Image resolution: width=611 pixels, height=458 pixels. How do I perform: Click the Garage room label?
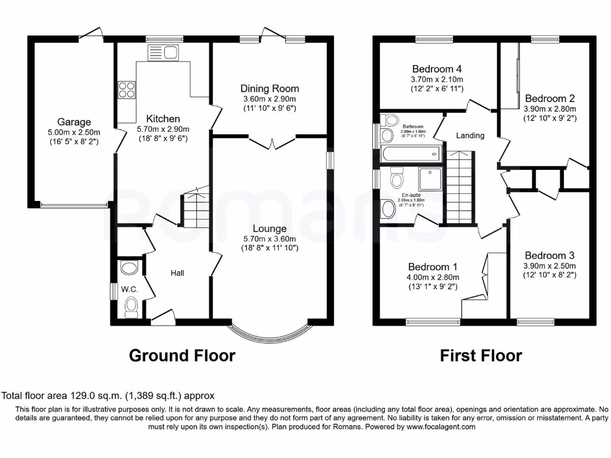pos(74,122)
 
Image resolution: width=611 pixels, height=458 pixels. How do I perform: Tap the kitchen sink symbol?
pos(162,52)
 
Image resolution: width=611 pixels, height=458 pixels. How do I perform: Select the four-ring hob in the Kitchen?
pos(126,90)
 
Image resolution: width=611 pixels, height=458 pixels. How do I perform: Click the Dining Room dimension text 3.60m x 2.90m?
pos(270,99)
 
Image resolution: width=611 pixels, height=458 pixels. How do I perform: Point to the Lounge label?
pos(270,228)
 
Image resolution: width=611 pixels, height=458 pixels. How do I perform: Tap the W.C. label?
pos(130,289)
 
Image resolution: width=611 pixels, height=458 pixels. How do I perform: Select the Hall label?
pos(177,273)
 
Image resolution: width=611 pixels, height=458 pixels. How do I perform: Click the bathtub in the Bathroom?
pos(411,154)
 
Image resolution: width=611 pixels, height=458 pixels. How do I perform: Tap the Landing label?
pos(470,135)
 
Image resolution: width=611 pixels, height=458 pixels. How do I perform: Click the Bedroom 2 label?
pos(550,98)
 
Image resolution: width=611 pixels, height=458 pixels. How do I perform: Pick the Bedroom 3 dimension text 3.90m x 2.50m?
pos(550,266)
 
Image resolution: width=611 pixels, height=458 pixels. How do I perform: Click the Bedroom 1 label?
pos(433,267)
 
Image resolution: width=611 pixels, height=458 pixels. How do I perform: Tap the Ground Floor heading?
pos(182,356)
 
